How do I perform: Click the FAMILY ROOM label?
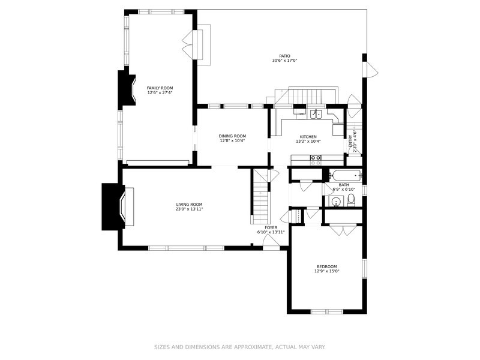point(160,88)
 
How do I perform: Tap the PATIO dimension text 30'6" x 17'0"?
point(284,61)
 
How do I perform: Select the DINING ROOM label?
point(232,136)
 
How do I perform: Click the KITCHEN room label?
point(308,137)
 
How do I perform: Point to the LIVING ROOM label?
point(189,205)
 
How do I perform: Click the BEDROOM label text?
point(327,266)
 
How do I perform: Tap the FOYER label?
point(271,228)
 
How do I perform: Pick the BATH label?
point(344,185)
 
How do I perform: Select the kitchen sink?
point(316,114)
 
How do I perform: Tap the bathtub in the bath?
point(346,176)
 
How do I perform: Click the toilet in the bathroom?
point(351,200)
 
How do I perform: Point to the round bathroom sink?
point(337,202)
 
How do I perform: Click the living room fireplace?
point(118,206)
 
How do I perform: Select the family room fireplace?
point(126,88)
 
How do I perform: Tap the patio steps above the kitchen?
point(306,96)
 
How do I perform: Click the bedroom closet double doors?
point(343,230)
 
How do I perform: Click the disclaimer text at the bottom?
point(239,347)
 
